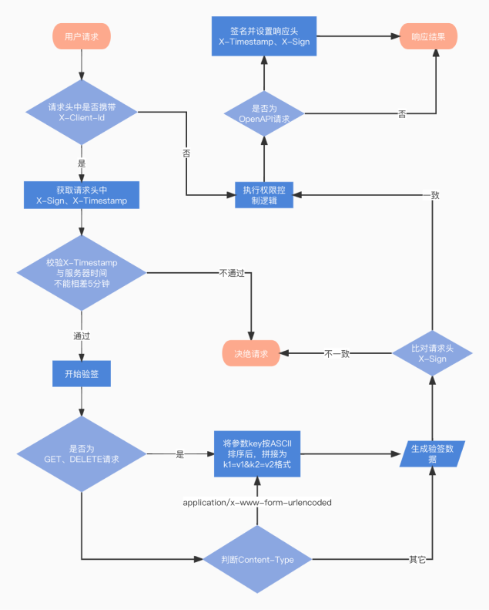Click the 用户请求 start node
click(x=82, y=35)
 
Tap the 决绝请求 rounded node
click(x=251, y=354)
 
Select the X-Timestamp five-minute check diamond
click(x=82, y=273)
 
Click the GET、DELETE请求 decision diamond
click(x=82, y=454)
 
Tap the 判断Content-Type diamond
click(x=258, y=559)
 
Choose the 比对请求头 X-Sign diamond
click(x=432, y=354)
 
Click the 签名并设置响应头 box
click(x=264, y=35)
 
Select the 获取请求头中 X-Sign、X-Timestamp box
click(x=82, y=195)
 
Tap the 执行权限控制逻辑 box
click(x=264, y=195)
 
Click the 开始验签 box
click(x=82, y=375)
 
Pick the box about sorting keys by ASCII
click(x=257, y=454)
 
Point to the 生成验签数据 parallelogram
click(x=432, y=454)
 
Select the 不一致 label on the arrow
click(x=337, y=354)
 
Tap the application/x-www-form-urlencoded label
click(x=257, y=503)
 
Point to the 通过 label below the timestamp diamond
click(x=82, y=336)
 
